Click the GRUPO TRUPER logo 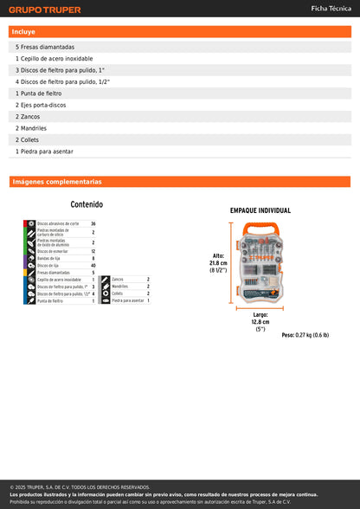click(45, 10)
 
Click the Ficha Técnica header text click(331, 9)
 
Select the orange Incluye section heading click(24, 31)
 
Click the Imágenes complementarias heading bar click(56, 182)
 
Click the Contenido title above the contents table click(87, 205)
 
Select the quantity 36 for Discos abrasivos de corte click(93, 223)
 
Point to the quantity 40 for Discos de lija click(93, 266)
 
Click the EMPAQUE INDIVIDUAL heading click(260, 210)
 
